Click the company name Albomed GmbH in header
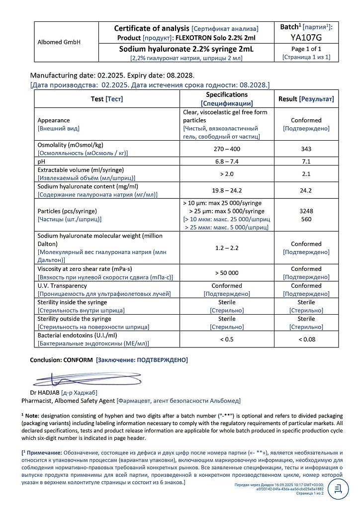[59, 42]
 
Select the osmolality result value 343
[306, 149]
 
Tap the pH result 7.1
[306, 162]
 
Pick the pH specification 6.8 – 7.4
[227, 162]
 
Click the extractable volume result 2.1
[306, 173]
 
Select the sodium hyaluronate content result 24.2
[306, 190]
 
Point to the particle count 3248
[306, 211]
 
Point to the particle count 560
[306, 219]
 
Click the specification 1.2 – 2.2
[227, 248]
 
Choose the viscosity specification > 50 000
[227, 272]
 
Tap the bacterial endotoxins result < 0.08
[306, 339]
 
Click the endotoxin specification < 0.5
[227, 339]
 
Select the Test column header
[97, 99]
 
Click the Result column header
[288, 99]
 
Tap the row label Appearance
[54, 120]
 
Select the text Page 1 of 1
[306, 49]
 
